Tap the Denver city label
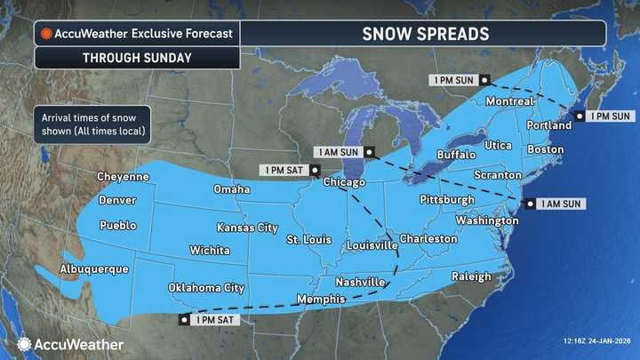[x=117, y=200]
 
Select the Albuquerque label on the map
[x=94, y=268]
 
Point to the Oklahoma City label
[x=206, y=288]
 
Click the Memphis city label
[x=321, y=299]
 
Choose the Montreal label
[x=509, y=102]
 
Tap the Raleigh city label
[x=471, y=276]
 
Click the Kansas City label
[x=247, y=228]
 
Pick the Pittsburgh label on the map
[x=446, y=199]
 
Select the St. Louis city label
[x=308, y=240]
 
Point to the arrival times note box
[x=92, y=124]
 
